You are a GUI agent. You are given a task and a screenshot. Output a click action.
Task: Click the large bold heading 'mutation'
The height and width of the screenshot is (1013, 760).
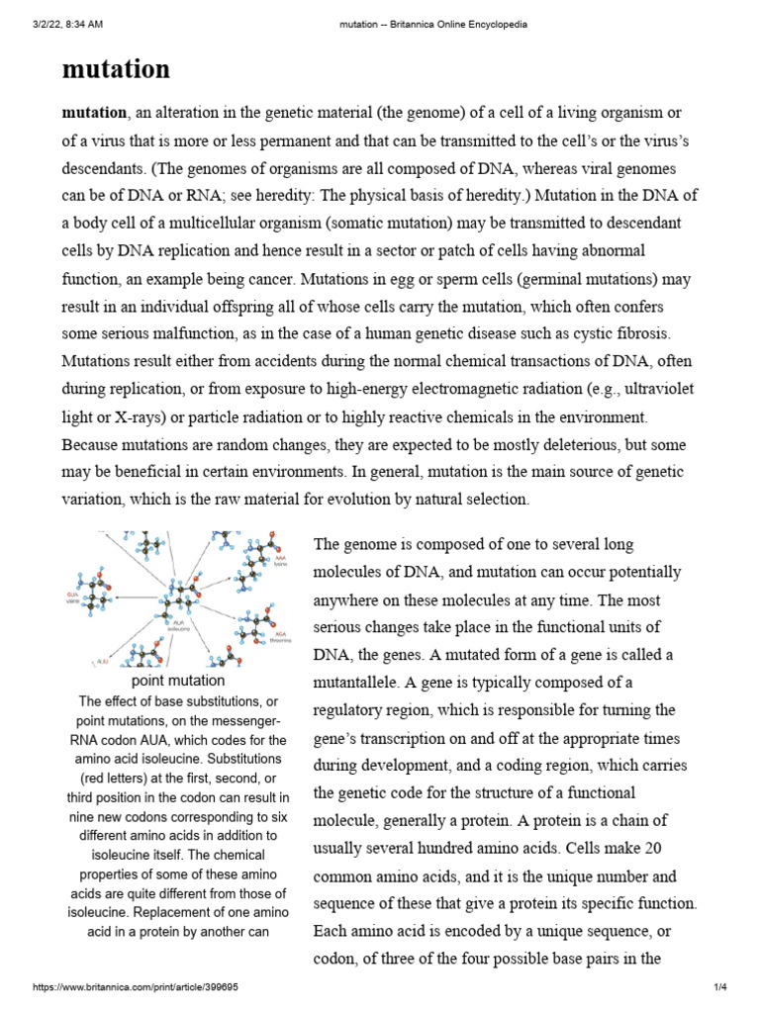[116, 69]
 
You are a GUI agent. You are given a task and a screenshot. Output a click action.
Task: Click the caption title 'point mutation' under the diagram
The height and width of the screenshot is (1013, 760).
[178, 681]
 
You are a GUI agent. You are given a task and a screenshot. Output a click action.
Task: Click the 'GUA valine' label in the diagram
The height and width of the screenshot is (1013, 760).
[72, 597]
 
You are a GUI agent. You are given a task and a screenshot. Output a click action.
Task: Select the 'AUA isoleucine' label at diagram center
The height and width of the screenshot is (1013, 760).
[179, 626]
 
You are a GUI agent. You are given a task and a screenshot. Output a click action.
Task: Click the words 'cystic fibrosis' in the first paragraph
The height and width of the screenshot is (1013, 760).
[573, 333]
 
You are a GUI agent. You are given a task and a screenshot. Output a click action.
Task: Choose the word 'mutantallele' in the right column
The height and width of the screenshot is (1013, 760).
[356, 683]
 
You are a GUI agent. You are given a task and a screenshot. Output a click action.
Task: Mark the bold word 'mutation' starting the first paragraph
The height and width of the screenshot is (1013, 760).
[94, 113]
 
